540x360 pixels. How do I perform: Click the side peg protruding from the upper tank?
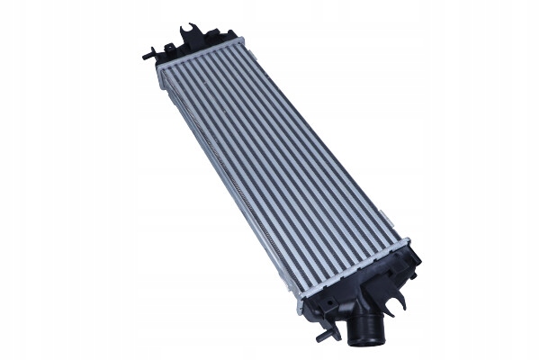147,56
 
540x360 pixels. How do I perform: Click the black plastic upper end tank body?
193,49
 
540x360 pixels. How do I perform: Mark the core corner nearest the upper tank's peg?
159,67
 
